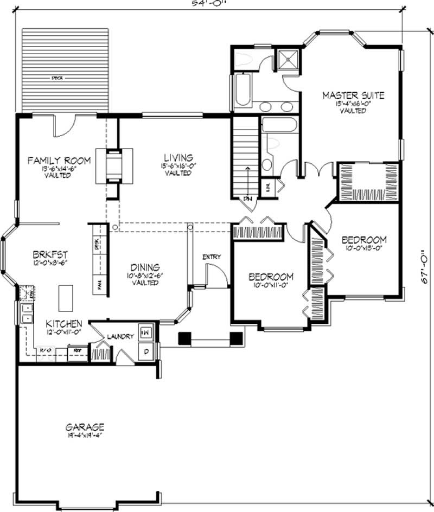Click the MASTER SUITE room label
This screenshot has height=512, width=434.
click(x=353, y=95)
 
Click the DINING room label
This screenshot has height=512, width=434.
click(x=144, y=267)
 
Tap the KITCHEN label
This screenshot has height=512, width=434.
click(x=63, y=323)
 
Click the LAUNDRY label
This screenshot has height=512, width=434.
click(x=120, y=336)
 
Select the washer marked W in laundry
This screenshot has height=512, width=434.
click(x=146, y=331)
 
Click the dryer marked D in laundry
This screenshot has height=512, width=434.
click(x=146, y=351)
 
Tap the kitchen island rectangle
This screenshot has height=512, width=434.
click(x=66, y=296)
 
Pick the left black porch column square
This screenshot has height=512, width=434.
click(x=185, y=337)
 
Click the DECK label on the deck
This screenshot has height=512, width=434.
click(x=57, y=78)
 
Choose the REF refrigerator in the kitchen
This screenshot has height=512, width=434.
click(x=77, y=351)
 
